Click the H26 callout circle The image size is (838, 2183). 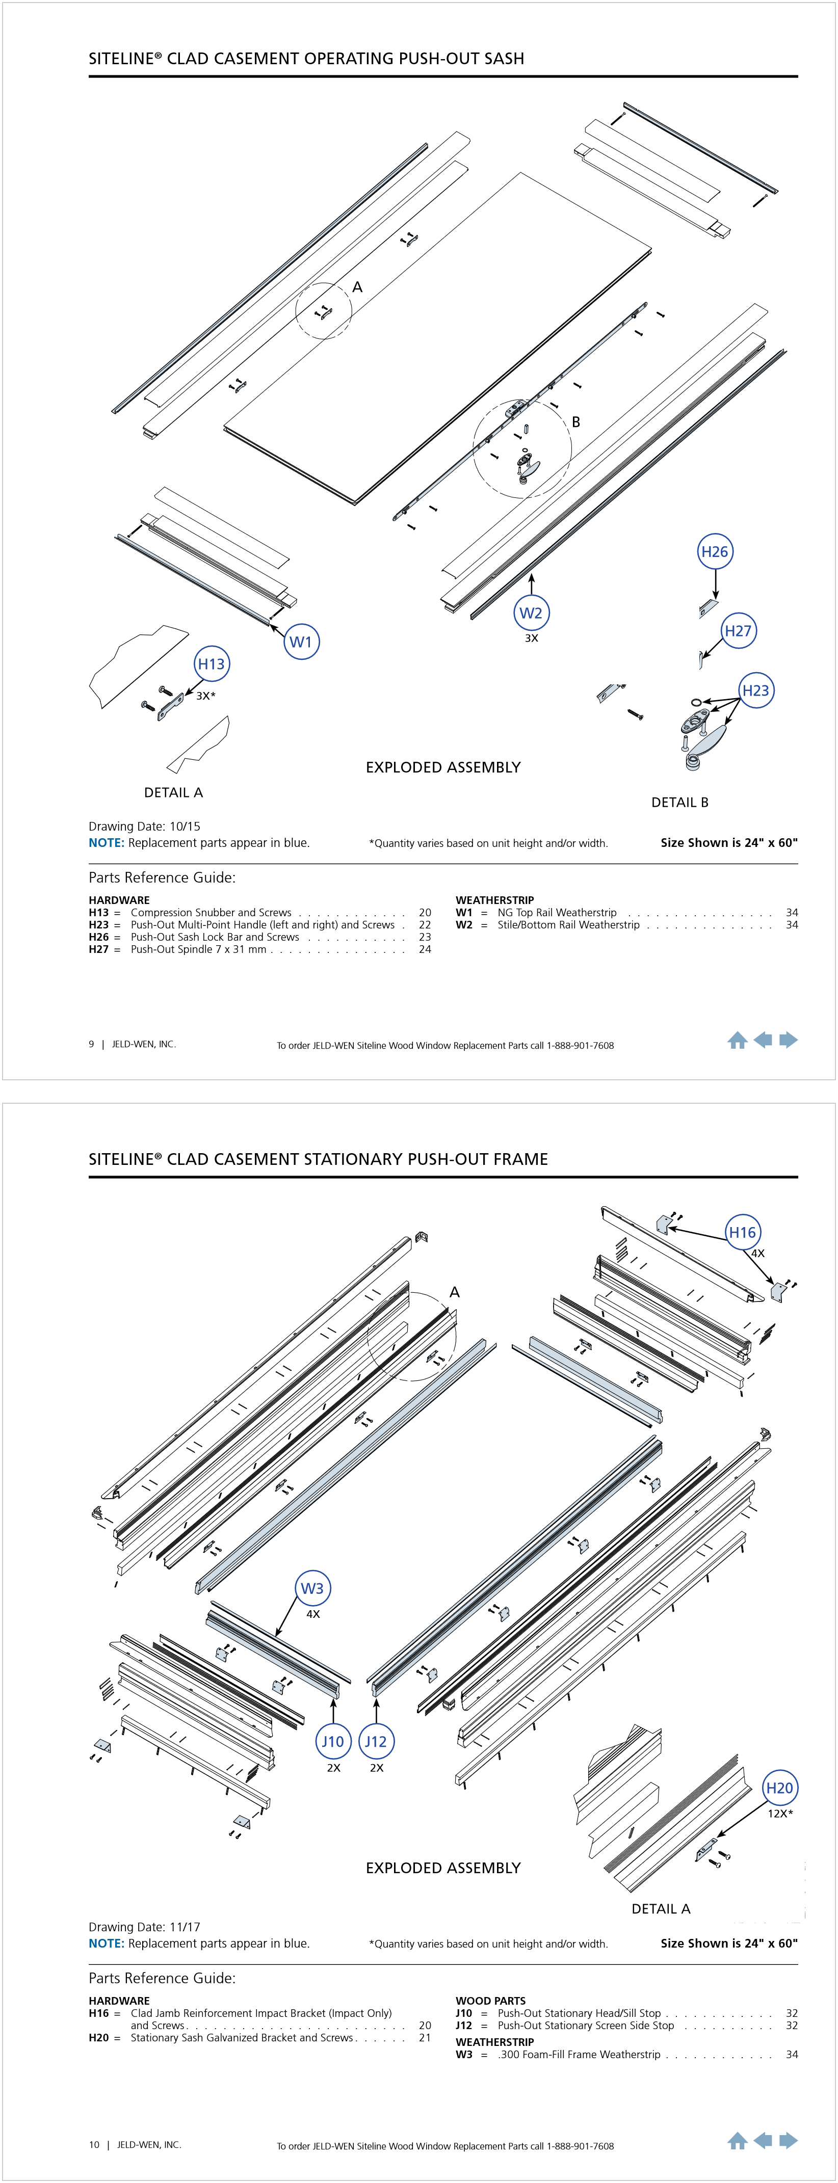point(714,552)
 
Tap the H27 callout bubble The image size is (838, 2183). point(738,630)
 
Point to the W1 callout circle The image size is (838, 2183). point(301,642)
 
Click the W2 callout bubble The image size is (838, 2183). point(531,613)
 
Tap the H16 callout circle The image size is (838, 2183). point(742,1232)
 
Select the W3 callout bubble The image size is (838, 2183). point(312,1588)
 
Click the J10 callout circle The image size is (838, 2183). point(333,1742)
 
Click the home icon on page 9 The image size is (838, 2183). point(737,1041)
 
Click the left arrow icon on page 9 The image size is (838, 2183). point(763,1040)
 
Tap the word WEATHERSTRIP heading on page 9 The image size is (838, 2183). point(495,900)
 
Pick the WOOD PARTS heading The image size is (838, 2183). point(490,2001)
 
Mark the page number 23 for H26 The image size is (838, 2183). point(425,937)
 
